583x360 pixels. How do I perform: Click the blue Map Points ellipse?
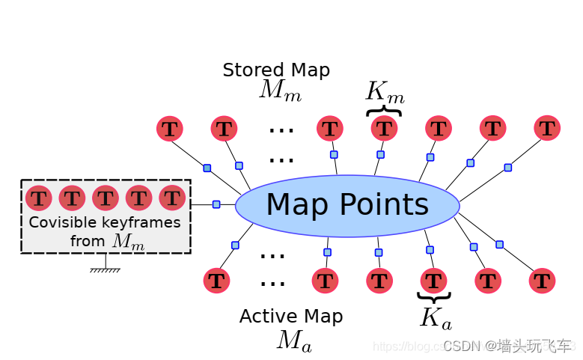347,205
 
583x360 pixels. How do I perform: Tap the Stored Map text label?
276,70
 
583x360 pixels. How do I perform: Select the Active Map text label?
291,317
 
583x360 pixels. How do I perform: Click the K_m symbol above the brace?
385,93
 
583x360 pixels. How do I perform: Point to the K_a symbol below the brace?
435,319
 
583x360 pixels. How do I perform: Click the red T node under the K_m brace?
385,129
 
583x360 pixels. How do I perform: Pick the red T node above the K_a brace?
433,281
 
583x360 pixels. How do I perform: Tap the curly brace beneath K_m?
384,111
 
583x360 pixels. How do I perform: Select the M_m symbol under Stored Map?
280,91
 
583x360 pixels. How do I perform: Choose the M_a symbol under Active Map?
294,341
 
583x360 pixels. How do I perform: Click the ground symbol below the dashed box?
106,268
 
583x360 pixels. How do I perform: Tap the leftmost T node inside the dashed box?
39,198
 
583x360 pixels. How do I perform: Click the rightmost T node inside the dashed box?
172,198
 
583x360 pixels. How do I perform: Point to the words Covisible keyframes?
105,222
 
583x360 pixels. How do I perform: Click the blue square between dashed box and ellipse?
216,204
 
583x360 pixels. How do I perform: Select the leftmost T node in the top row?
170,129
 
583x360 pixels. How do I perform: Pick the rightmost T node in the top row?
547,128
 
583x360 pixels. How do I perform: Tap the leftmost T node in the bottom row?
216,281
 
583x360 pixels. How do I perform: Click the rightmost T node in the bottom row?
542,281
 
